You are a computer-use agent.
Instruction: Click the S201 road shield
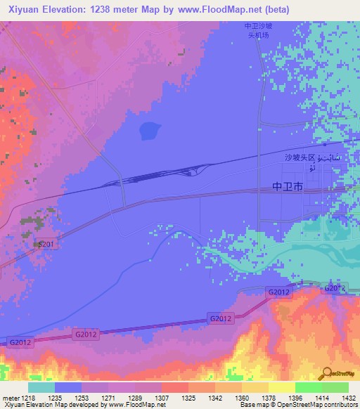pos(46,244)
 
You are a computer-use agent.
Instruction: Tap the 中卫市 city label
pos(287,188)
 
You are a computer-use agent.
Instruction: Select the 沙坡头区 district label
pos(301,157)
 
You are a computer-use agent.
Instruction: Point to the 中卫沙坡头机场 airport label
pos(257,30)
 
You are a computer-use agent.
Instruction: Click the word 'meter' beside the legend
pos(9,396)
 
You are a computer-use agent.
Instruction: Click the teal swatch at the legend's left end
pos(41,387)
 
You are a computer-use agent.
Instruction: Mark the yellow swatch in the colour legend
pos(281,387)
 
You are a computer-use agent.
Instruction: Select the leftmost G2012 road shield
pos(19,342)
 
